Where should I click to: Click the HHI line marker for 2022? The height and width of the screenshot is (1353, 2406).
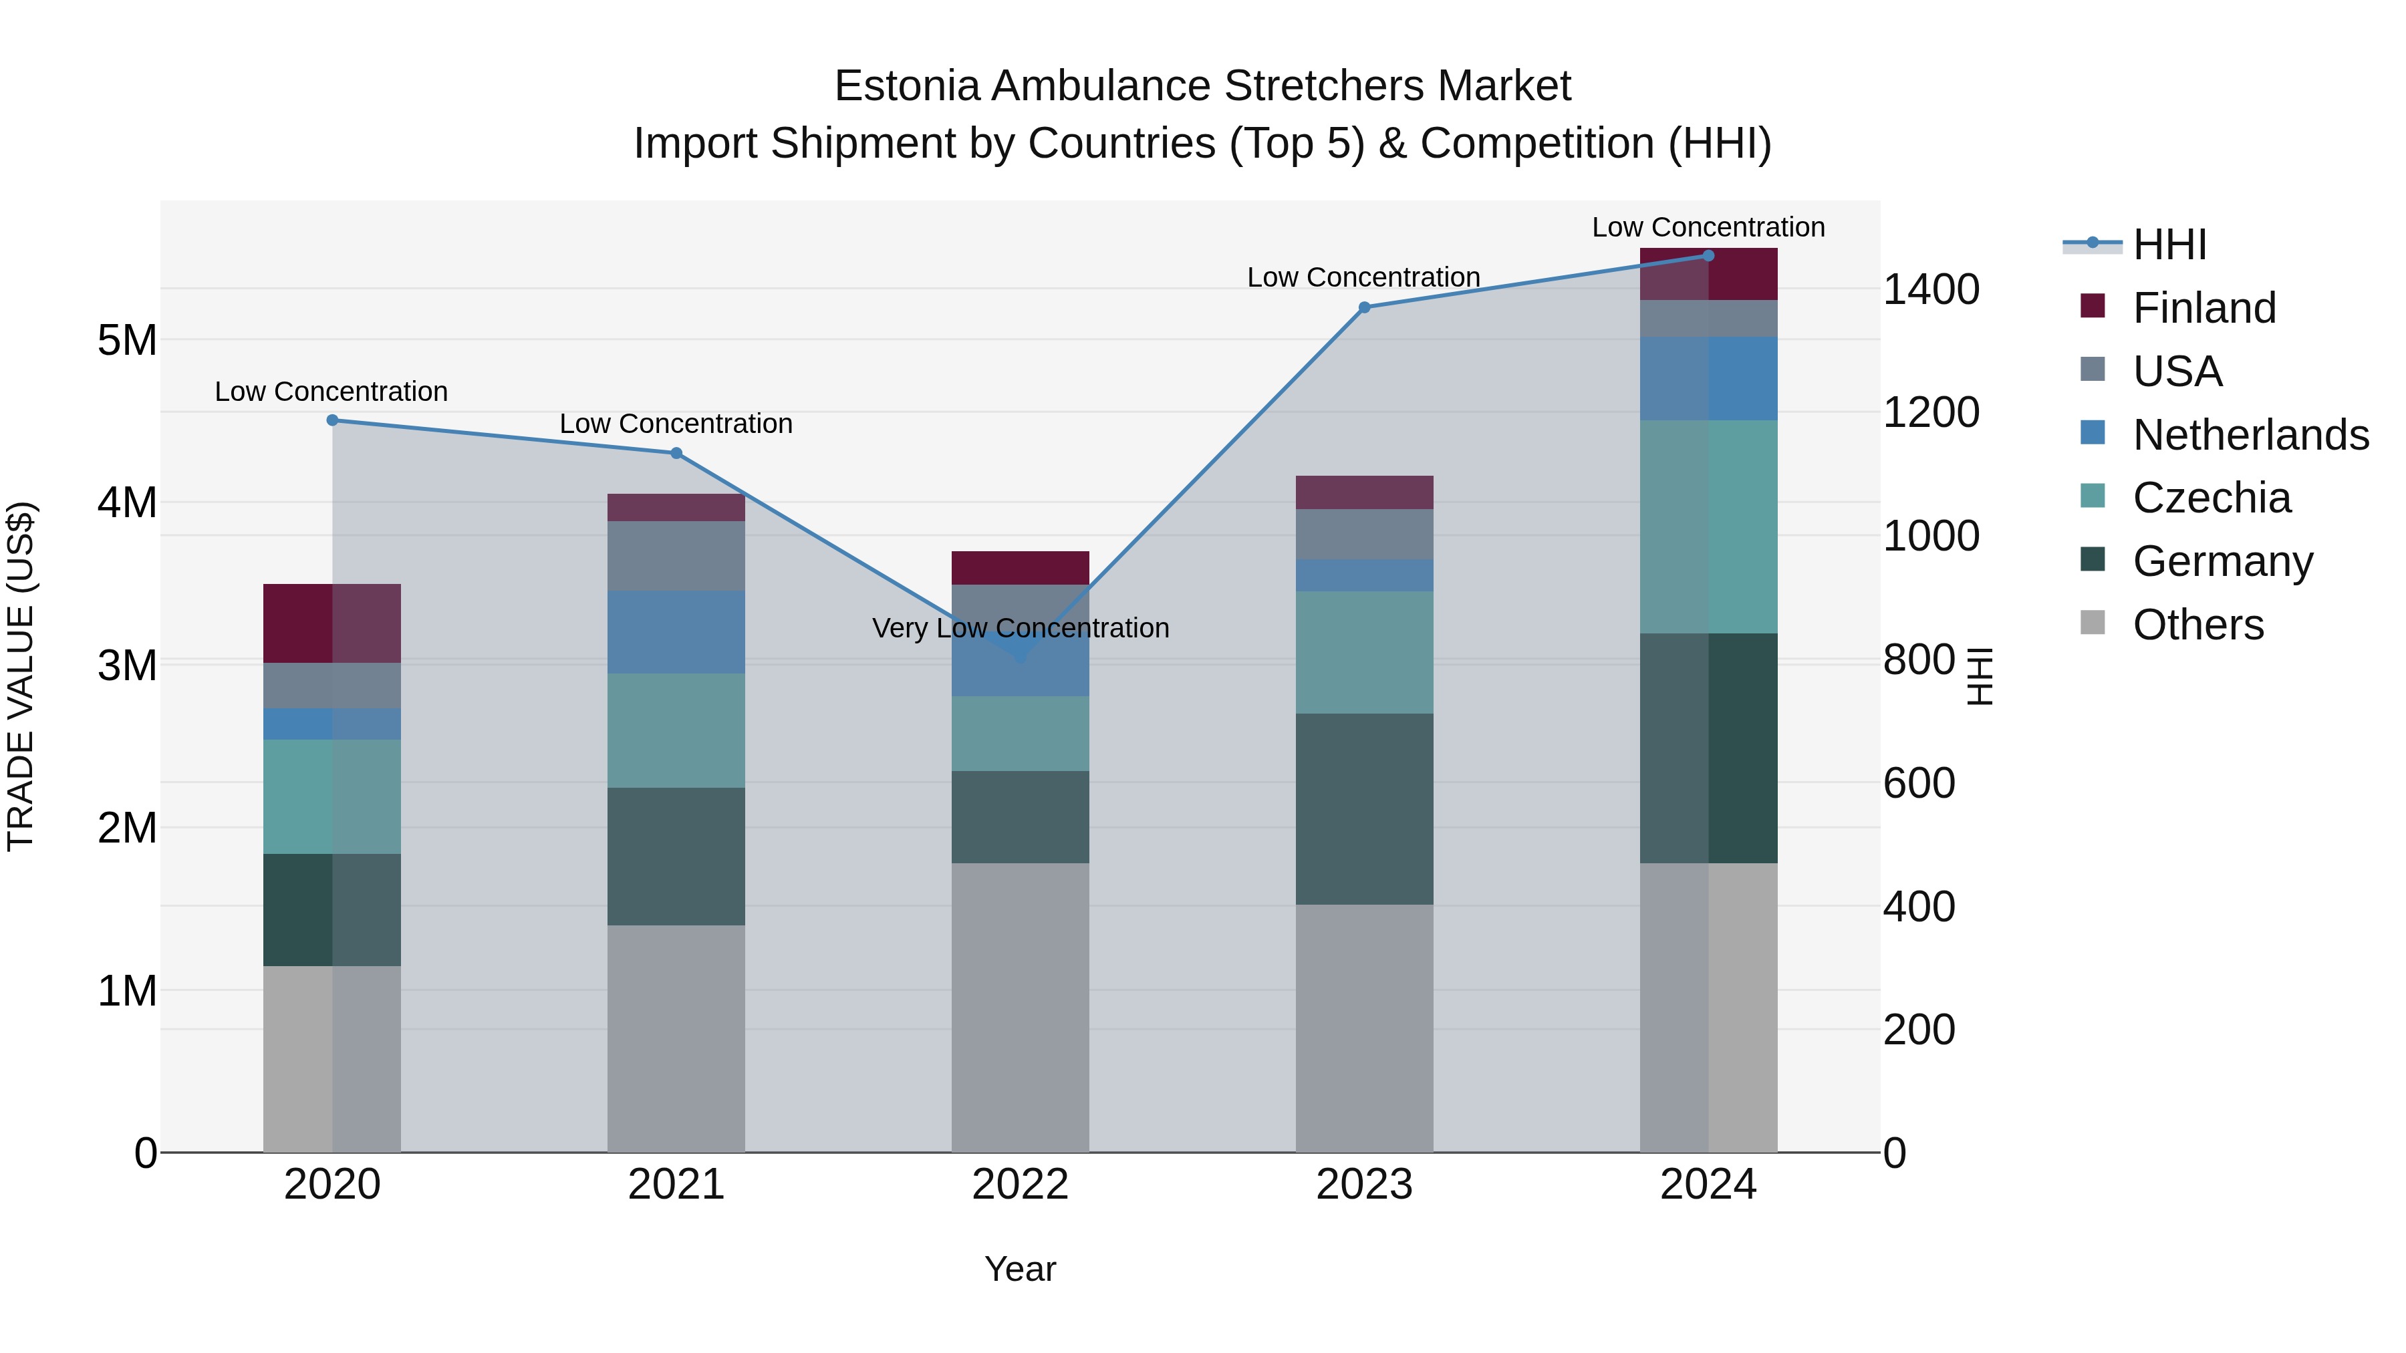point(1020,656)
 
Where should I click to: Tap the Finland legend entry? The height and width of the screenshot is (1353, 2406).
point(2203,308)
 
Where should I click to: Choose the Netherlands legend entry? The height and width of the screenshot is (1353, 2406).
point(2249,435)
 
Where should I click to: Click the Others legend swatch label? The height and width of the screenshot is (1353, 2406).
point(2197,625)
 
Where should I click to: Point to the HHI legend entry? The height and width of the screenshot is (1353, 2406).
point(2169,245)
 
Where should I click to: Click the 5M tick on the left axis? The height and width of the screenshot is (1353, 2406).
point(127,340)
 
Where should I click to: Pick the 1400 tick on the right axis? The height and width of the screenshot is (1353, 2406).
point(1929,289)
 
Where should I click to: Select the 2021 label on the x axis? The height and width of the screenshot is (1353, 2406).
point(676,1185)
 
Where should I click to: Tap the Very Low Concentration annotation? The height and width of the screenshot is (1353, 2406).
point(1020,629)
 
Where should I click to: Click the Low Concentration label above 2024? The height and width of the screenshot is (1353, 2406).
point(1708,228)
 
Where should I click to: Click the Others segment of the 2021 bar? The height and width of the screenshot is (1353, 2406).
point(676,1038)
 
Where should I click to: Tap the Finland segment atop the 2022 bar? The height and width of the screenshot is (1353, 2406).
point(1020,568)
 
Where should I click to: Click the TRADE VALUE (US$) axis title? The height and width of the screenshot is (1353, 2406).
point(21,676)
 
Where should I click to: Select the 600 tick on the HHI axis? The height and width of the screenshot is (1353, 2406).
point(1918,784)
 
